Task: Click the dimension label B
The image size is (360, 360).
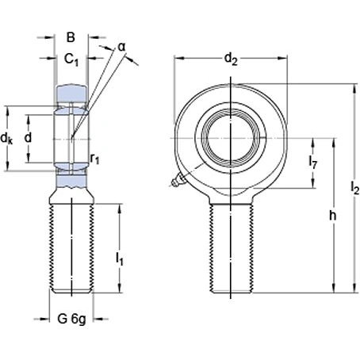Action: coord(71,36)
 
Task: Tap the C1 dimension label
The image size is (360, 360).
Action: coord(71,59)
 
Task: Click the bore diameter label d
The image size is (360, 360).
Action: coord(29,139)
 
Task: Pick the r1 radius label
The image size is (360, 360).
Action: coord(94,159)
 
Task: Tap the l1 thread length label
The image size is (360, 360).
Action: coord(119,258)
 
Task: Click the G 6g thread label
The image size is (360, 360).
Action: coord(71,320)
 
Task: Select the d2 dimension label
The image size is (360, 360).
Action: coord(229,58)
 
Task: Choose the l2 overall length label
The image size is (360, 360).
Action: coord(354,189)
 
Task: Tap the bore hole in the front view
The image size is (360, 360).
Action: coord(231,132)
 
